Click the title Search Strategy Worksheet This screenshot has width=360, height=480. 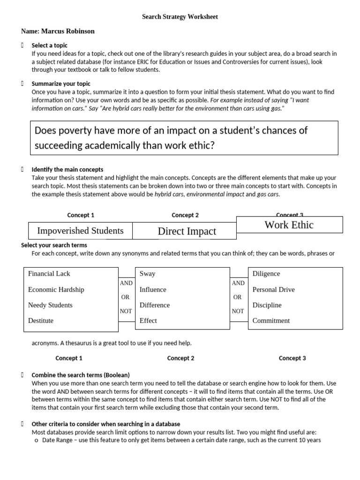(180, 17)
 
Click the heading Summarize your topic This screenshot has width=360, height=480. (61, 84)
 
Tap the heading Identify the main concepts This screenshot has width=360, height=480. (67, 169)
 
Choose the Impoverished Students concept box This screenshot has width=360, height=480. (80, 231)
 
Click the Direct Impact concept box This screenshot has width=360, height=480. (187, 231)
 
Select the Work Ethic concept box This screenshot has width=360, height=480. (289, 225)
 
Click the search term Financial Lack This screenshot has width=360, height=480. (49, 274)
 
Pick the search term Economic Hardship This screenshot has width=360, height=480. (56, 290)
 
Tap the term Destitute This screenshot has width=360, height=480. (41, 321)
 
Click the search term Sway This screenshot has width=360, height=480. (147, 274)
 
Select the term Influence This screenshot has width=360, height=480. (153, 290)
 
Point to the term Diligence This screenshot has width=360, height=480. (266, 274)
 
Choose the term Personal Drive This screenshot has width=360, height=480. (273, 290)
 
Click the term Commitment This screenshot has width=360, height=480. (271, 321)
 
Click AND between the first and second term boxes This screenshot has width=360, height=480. (127, 283)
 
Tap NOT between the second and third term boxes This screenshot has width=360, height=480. (238, 311)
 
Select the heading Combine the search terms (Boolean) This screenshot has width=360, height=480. (80, 375)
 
